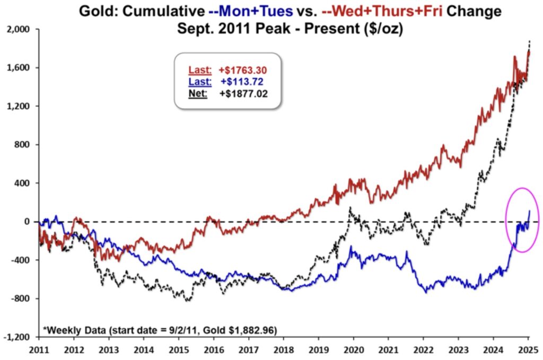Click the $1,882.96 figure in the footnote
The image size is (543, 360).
249,330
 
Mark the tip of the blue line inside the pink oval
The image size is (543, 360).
529,210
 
